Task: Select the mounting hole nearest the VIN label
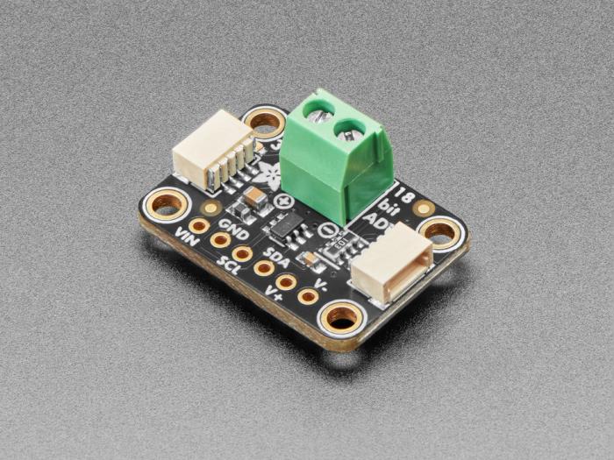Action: (166, 205)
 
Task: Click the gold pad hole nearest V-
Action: (307, 296)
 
